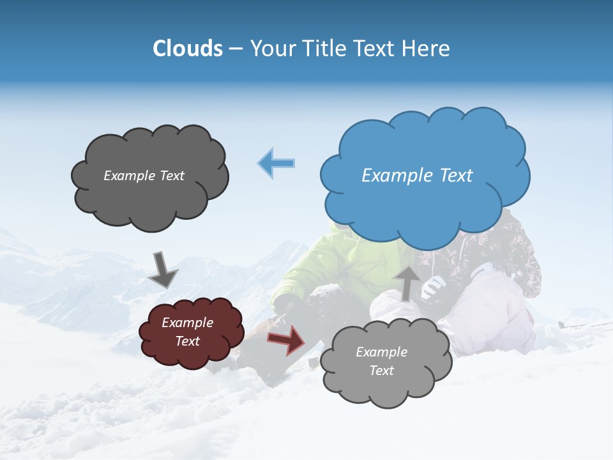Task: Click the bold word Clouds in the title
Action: [x=187, y=49]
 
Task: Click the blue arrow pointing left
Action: [x=276, y=163]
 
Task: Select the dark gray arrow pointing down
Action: [x=162, y=269]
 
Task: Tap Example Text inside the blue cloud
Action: [x=417, y=176]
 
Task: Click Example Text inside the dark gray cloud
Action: [x=144, y=176]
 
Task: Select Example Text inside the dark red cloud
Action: [x=188, y=332]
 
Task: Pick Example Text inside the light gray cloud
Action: [x=381, y=361]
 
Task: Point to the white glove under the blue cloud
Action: [x=433, y=287]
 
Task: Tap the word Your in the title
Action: [x=271, y=49]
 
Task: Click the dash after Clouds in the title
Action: [x=235, y=49]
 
